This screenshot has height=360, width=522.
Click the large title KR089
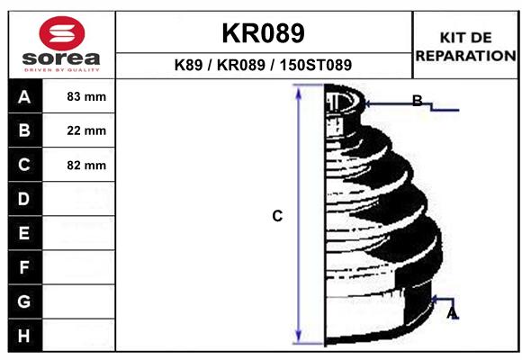click(263, 33)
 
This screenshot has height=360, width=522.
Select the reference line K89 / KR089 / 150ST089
click(263, 65)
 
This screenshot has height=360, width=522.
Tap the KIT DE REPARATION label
click(465, 46)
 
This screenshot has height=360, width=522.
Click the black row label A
click(24, 96)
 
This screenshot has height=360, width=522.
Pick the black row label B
click(24, 130)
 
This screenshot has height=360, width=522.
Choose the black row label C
click(24, 165)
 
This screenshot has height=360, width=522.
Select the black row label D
click(24, 199)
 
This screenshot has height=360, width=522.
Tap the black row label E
click(24, 233)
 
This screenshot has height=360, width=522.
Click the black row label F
click(24, 267)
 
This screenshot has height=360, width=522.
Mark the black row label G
click(24, 301)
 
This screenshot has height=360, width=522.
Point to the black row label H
click(24, 336)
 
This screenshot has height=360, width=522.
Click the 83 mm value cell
click(86, 96)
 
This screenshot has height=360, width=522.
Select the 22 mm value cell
click(86, 130)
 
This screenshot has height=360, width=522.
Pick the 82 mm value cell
click(86, 165)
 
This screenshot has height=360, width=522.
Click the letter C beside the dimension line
click(277, 216)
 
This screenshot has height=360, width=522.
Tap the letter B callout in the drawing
click(417, 101)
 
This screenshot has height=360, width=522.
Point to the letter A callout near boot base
click(453, 312)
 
